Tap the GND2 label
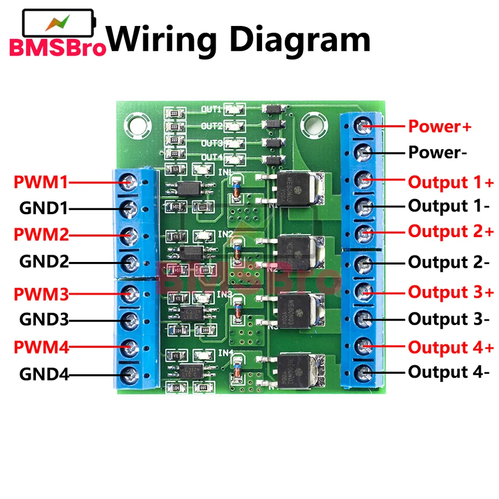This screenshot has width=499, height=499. [44, 261]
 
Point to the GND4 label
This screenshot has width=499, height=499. [44, 374]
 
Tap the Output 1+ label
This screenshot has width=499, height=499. [451, 182]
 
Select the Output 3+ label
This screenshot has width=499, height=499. [451, 292]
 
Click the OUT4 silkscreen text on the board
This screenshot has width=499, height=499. [213, 157]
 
